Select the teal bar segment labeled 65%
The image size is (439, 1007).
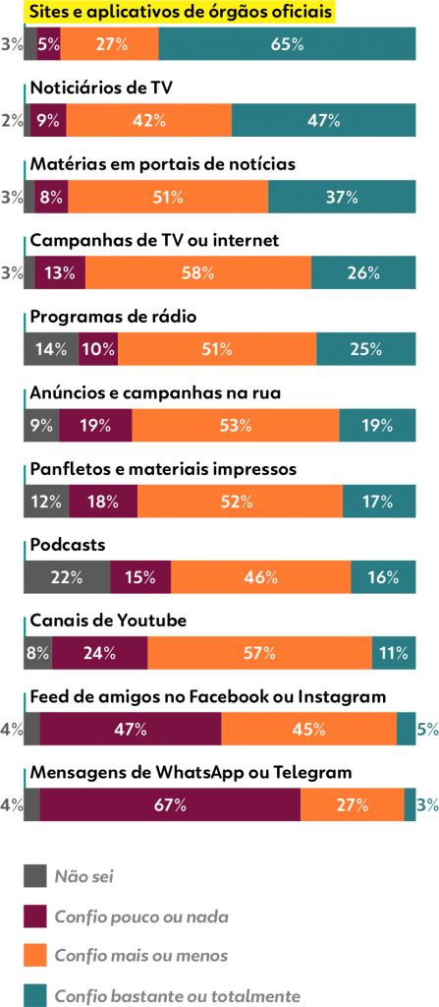pos(287,44)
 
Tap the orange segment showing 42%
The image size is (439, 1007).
pos(149,121)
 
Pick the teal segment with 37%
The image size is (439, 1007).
pos(342,197)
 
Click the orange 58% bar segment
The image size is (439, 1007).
pos(198,273)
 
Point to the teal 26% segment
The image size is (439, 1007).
pos(363,273)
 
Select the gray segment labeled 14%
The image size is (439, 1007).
pos(50,349)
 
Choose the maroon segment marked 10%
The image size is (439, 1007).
pos(98,349)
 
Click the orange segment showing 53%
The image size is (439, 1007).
pos(236,426)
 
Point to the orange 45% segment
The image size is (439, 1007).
pos(309,730)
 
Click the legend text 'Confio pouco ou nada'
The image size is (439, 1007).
pos(142,917)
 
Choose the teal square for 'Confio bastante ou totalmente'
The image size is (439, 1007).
pos(34,994)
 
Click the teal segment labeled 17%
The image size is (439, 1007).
pos(379,502)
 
